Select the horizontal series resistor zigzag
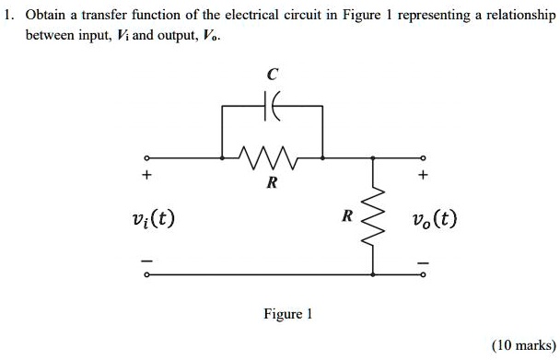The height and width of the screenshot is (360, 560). (x=273, y=156)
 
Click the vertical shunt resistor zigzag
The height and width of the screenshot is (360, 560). (x=373, y=216)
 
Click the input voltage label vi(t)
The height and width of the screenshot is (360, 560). (x=154, y=219)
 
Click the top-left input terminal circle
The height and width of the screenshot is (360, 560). (x=144, y=157)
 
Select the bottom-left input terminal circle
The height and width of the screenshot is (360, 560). (x=144, y=274)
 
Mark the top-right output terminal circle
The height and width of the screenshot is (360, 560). (x=424, y=157)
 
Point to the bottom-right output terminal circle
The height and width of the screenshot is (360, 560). (x=424, y=274)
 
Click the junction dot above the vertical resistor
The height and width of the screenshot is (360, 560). (x=373, y=157)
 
